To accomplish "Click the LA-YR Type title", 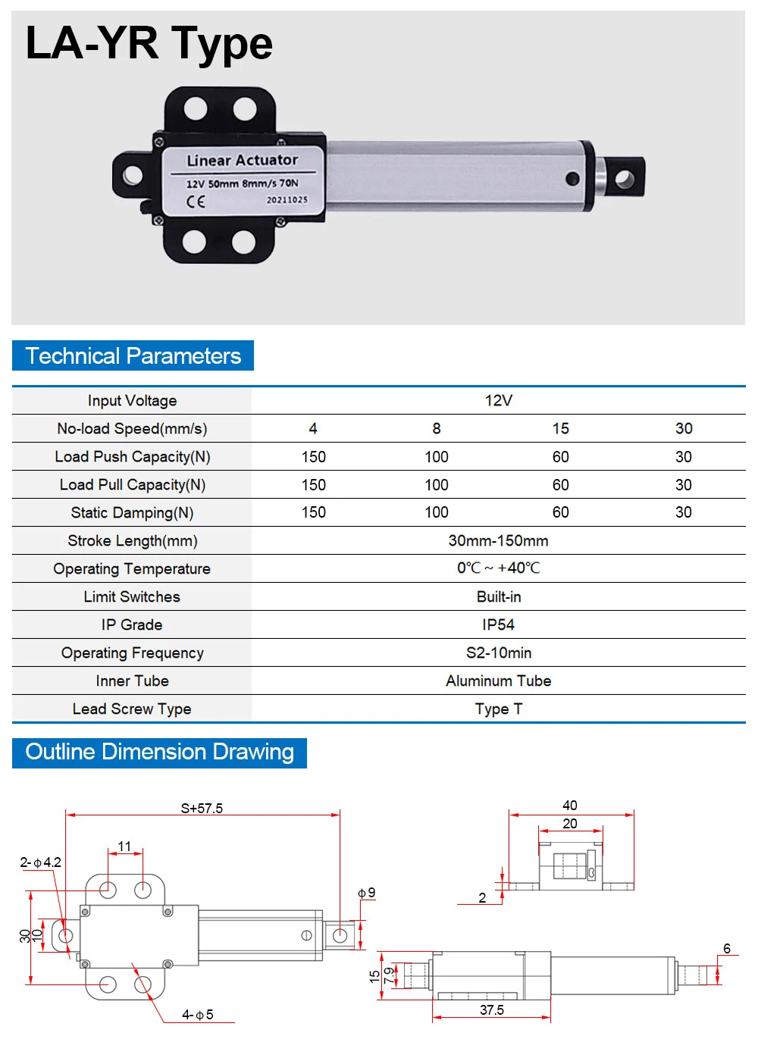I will click(149, 43).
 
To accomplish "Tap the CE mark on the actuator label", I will click(196, 202).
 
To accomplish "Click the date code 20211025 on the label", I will click(287, 200).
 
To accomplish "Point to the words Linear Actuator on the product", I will click(243, 161).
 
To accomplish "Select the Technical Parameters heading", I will click(133, 356).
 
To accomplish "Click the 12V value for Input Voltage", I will click(498, 401).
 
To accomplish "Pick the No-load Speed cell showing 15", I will click(560, 429).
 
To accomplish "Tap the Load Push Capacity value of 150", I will click(313, 457).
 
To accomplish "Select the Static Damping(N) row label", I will click(132, 513).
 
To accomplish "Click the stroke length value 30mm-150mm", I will click(498, 541).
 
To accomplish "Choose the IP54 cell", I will click(498, 625).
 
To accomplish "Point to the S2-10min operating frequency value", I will click(498, 653).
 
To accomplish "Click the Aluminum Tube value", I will click(498, 681).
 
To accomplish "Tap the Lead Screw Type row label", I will click(132, 709).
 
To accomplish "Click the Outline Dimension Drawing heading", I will click(159, 753).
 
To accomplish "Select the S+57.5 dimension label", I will click(202, 809).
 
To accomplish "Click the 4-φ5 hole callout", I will click(198, 1015).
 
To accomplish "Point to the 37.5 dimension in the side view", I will click(492, 1010).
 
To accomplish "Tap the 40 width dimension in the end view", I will click(570, 806).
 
